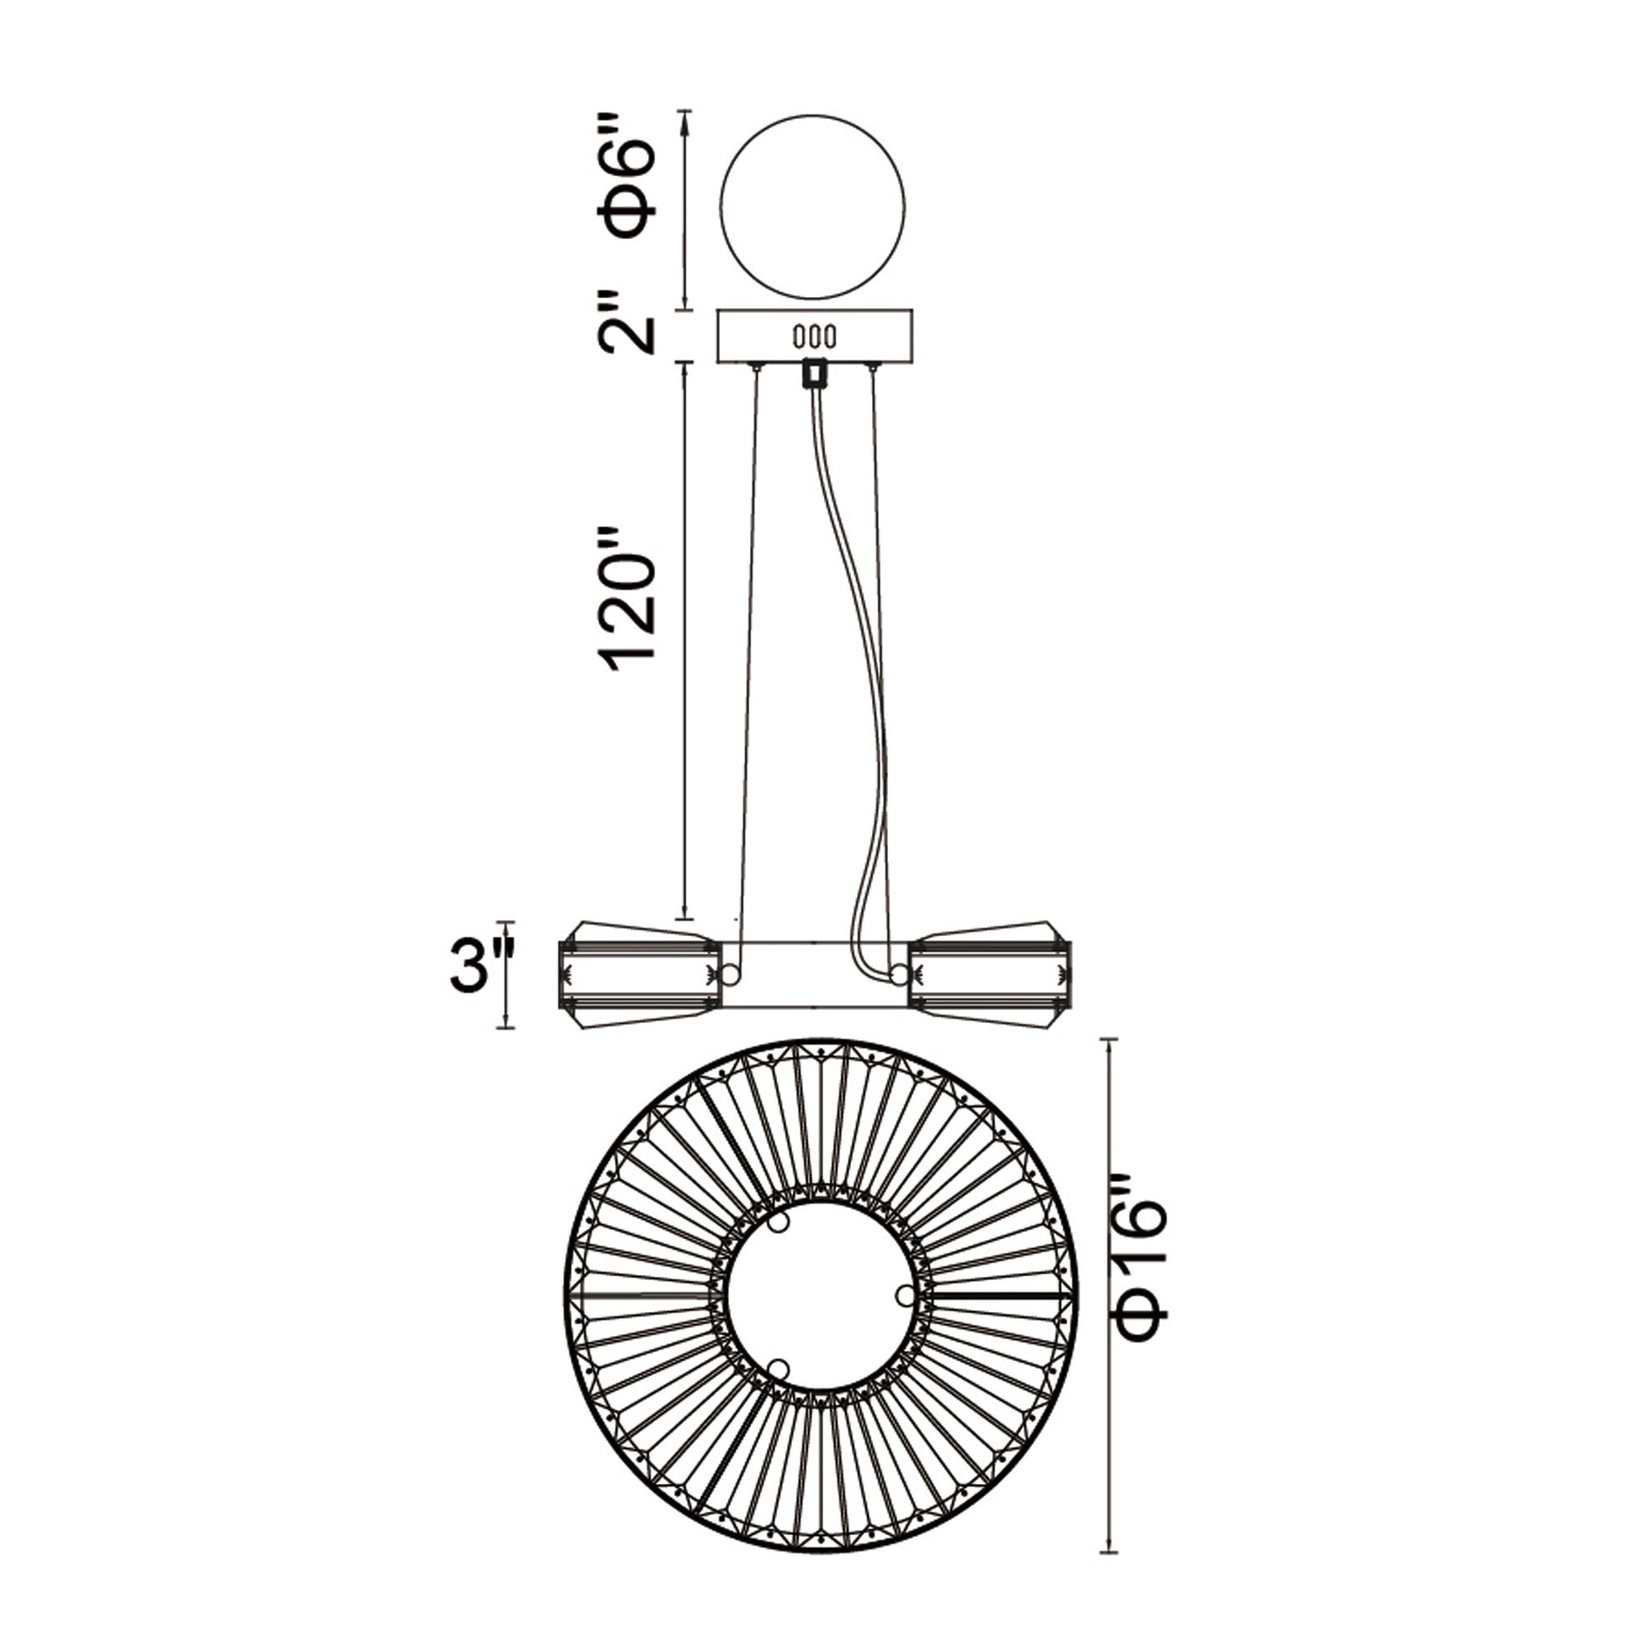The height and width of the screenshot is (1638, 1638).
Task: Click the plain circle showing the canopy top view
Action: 812,207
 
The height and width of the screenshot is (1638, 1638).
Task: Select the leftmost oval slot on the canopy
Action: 798,337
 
